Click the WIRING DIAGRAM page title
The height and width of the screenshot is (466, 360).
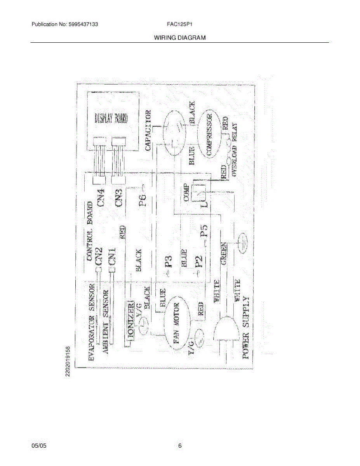coord(179,38)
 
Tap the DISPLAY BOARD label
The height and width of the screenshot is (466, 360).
coord(111,118)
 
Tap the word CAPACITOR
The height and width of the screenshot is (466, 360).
coord(148,130)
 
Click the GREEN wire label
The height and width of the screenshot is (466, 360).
coord(224,254)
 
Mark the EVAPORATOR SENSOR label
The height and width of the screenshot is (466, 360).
coord(92,323)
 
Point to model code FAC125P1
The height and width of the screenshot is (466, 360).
coord(180,24)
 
